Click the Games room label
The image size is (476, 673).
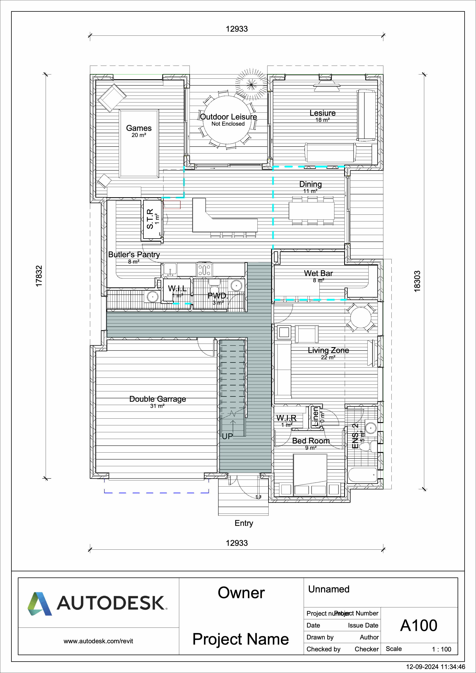139,128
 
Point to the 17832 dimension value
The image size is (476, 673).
39,276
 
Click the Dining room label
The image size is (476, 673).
310,184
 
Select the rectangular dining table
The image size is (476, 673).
311,211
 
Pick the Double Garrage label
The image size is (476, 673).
157,399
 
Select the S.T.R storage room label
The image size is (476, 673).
150,219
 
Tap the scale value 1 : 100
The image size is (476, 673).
441,649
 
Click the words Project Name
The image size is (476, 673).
240,639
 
